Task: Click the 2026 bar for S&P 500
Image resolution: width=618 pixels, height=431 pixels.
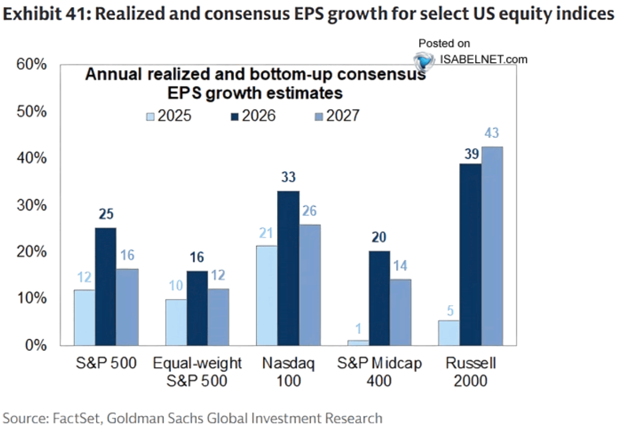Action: pyautogui.click(x=105, y=286)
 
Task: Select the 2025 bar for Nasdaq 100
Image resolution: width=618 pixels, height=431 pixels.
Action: pyautogui.click(x=266, y=295)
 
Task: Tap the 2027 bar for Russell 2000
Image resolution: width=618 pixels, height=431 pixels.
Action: pyautogui.click(x=492, y=246)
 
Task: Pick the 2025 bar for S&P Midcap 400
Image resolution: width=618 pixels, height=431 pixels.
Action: pyautogui.click(x=358, y=343)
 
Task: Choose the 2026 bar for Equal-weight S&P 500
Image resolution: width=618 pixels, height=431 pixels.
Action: pyautogui.click(x=197, y=309)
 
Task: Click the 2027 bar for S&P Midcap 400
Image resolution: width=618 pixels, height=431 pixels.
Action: pyautogui.click(x=401, y=313)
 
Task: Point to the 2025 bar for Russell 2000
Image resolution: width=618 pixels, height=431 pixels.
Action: pyautogui.click(x=449, y=333)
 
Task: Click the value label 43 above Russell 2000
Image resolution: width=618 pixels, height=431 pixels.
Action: pyautogui.click(x=492, y=133)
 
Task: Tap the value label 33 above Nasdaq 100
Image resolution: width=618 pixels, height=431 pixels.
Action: pyautogui.click(x=288, y=177)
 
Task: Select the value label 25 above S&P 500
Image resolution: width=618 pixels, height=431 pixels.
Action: pyautogui.click(x=106, y=214)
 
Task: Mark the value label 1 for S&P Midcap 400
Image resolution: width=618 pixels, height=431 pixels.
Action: pyautogui.click(x=358, y=329)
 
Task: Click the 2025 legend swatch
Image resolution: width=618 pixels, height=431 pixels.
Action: pyautogui.click(x=150, y=116)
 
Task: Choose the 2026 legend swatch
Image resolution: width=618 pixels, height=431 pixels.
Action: pyautogui.click(x=235, y=116)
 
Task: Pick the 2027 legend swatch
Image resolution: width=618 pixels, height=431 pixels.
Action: pyautogui.click(x=319, y=116)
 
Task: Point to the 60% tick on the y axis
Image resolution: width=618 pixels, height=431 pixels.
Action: pyautogui.click(x=31, y=64)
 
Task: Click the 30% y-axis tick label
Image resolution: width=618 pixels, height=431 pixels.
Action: pyautogui.click(x=31, y=205)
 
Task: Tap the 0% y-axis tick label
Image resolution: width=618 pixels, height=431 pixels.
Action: pyautogui.click(x=36, y=345)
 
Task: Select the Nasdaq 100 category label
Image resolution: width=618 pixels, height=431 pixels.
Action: pyautogui.click(x=288, y=372)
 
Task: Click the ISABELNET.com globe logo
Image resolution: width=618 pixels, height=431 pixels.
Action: pyautogui.click(x=423, y=60)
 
